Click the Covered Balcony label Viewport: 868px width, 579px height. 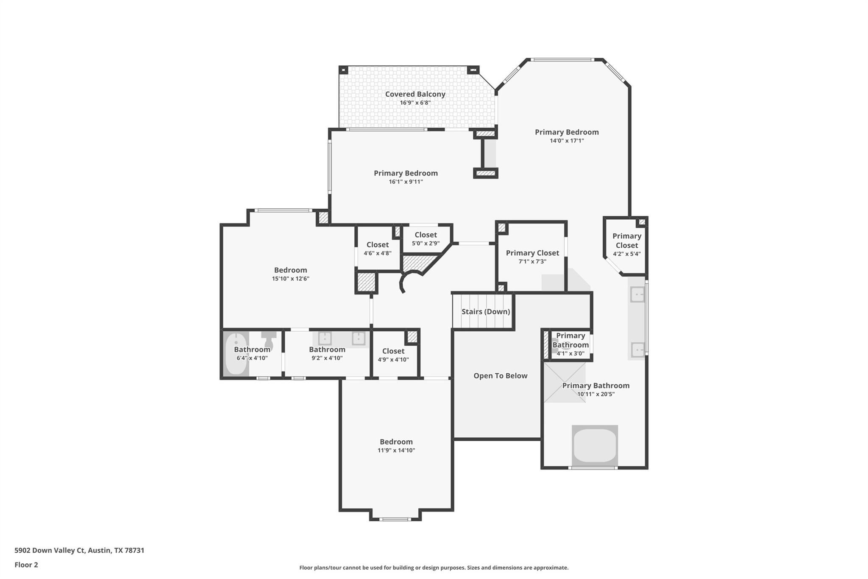(x=415, y=94)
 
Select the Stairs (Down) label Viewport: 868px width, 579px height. (x=485, y=312)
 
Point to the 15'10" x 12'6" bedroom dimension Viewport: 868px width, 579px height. (x=290, y=279)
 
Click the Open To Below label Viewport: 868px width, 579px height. (x=500, y=376)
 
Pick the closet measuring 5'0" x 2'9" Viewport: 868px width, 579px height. (x=426, y=239)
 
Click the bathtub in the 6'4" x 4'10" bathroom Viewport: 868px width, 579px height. (x=236, y=355)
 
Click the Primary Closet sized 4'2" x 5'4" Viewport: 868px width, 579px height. (x=626, y=245)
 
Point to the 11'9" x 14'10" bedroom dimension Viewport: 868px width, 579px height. (x=396, y=450)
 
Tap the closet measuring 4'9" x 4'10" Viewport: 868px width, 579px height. (x=393, y=355)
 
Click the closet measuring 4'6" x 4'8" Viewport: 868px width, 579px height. (x=377, y=249)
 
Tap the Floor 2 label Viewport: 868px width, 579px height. (x=26, y=565)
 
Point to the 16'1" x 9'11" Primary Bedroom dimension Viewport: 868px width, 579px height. (x=406, y=182)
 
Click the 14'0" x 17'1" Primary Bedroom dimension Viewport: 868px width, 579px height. (x=567, y=141)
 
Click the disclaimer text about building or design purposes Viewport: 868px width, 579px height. (x=434, y=568)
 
